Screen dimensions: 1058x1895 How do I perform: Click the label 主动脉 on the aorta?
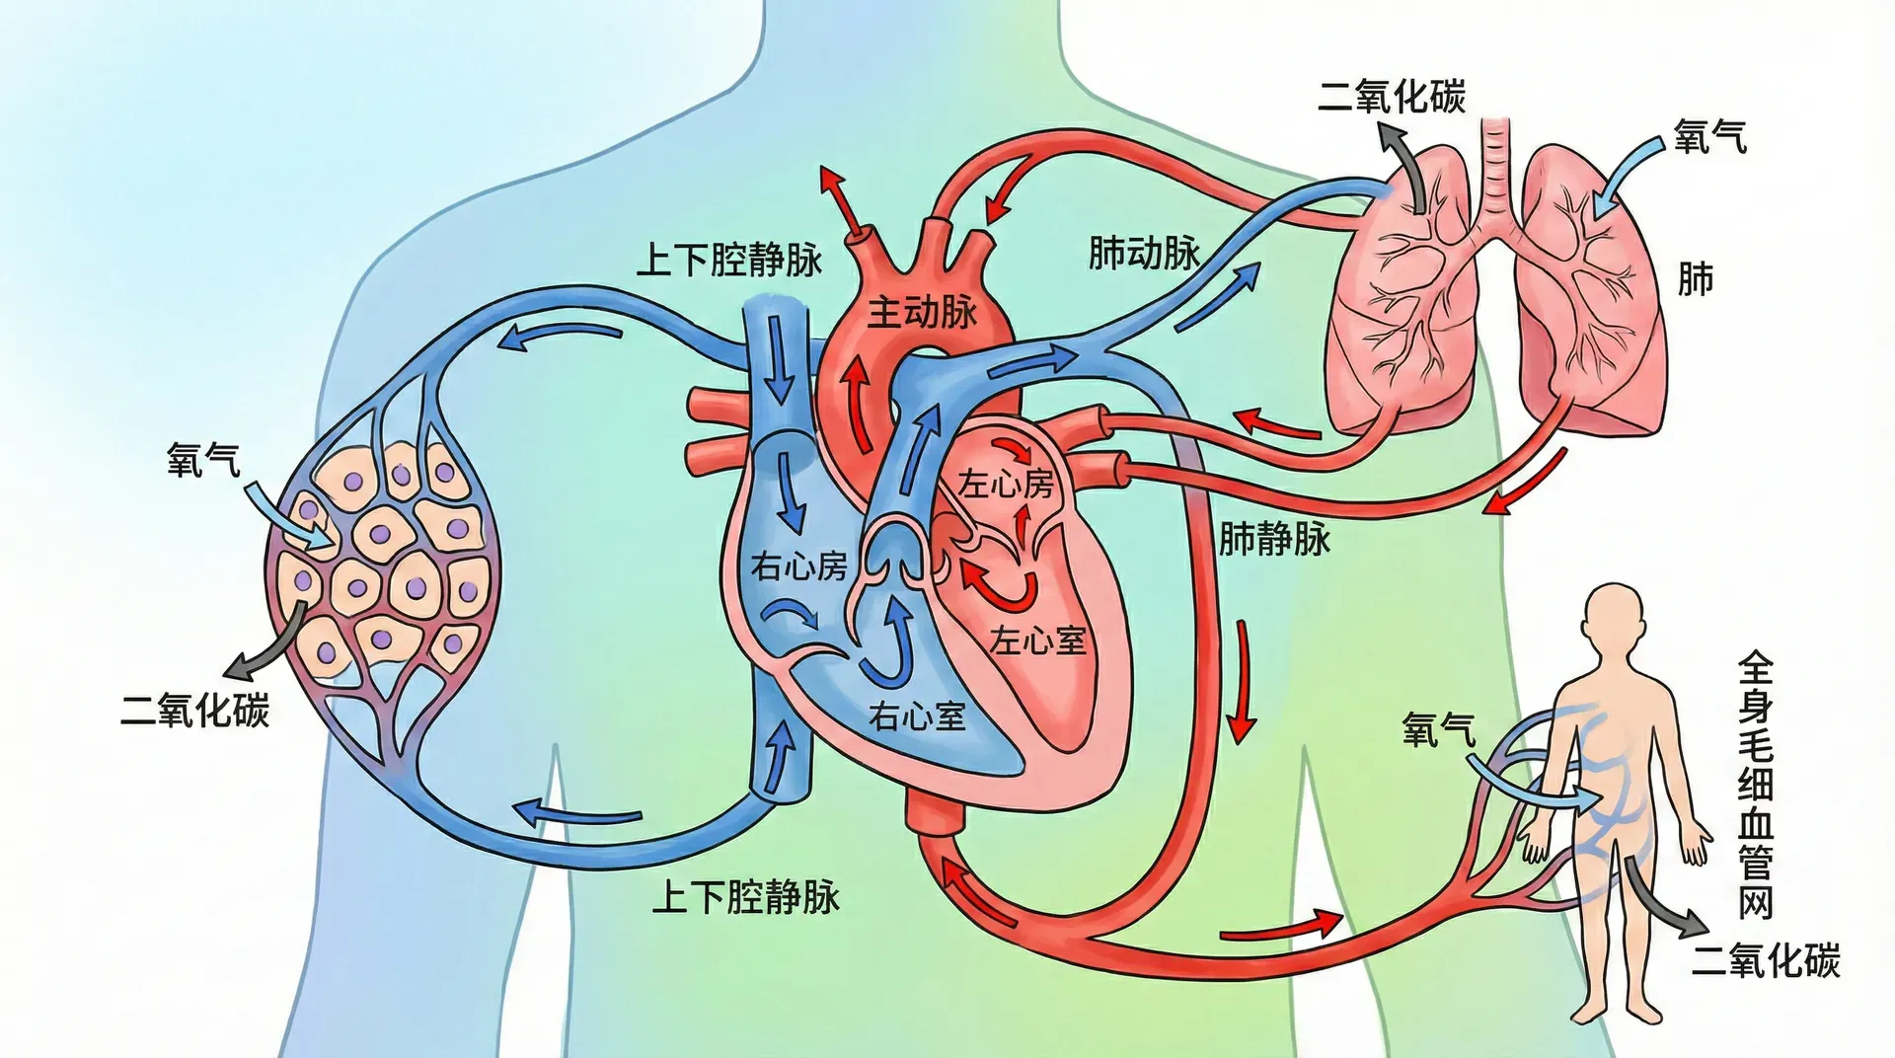click(922, 312)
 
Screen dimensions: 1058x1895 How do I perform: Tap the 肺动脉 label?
click(1144, 253)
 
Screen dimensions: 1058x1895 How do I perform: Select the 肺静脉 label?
click(1274, 539)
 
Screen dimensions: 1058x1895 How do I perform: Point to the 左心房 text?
click(1006, 484)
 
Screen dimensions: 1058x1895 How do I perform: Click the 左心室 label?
click(1037, 641)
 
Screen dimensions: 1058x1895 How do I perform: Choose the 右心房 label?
click(798, 566)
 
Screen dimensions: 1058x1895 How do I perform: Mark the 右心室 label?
click(917, 716)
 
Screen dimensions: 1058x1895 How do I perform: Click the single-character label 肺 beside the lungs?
click(1695, 279)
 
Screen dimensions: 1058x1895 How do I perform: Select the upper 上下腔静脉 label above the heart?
click(729, 260)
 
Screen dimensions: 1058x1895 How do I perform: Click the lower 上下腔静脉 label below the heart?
click(746, 897)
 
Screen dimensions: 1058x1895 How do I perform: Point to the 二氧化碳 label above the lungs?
click(1392, 97)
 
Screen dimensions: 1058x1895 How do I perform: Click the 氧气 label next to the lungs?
click(1709, 137)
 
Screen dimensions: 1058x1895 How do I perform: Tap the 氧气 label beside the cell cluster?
click(203, 460)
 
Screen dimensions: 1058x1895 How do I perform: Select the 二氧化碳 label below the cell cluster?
click(194, 711)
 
